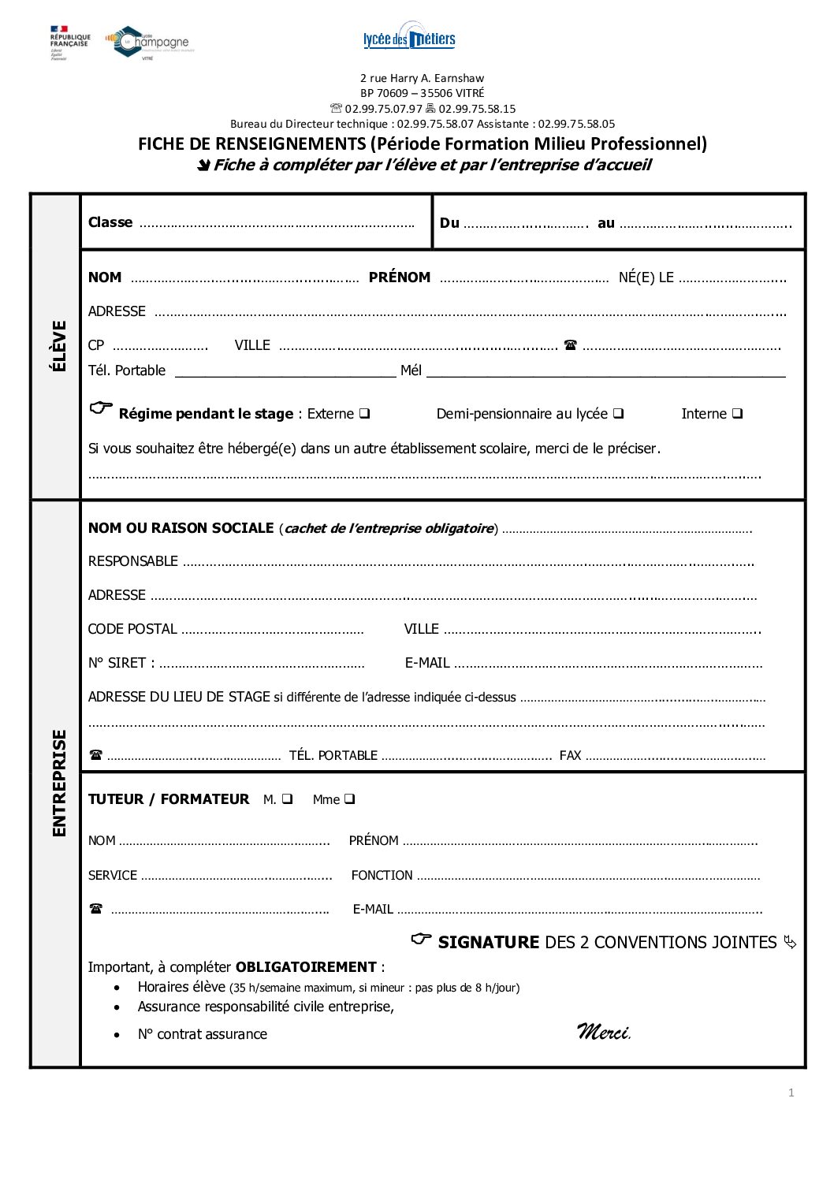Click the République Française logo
pyautogui.click(x=69, y=41)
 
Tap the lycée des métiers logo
pyautogui.click(x=409, y=36)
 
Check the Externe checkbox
pyautogui.click(x=365, y=413)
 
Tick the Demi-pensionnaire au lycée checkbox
pyautogui.click(x=619, y=413)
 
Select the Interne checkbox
pyautogui.click(x=737, y=413)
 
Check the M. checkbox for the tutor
pyautogui.click(x=287, y=798)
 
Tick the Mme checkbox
pyautogui.click(x=349, y=798)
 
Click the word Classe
pyautogui.click(x=110, y=222)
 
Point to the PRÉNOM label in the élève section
pyautogui.click(x=400, y=277)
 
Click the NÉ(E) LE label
pyautogui.click(x=646, y=277)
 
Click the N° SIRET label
pyautogui.click(x=121, y=663)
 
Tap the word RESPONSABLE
pyautogui.click(x=133, y=561)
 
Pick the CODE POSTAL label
pyautogui.click(x=132, y=629)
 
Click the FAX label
pyautogui.click(x=570, y=755)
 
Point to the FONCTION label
pyautogui.click(x=382, y=875)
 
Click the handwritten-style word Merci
pyautogui.click(x=604, y=1031)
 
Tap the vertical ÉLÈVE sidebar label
pyautogui.click(x=58, y=345)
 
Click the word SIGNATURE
pyautogui.click(x=488, y=942)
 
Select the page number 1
pyautogui.click(x=791, y=1093)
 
